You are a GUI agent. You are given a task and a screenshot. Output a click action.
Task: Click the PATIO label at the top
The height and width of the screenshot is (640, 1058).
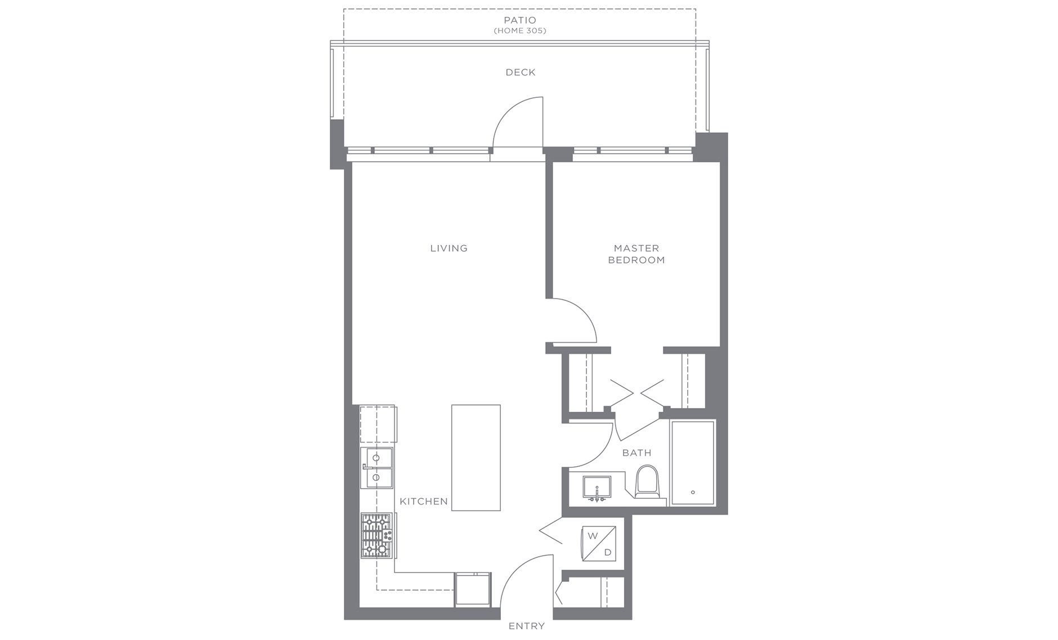(520, 20)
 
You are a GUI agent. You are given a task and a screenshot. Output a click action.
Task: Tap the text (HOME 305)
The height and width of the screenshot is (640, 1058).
(520, 31)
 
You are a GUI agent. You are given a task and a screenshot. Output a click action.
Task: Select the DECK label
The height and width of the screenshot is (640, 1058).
(521, 72)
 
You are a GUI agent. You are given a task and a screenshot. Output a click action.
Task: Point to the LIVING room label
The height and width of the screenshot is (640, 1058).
(449, 248)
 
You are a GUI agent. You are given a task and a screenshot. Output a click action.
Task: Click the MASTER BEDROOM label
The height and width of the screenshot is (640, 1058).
(636, 254)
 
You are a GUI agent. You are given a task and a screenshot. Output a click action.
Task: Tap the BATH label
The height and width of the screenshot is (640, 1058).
(636, 453)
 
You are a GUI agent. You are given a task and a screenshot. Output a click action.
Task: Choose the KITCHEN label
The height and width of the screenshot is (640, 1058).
(424, 501)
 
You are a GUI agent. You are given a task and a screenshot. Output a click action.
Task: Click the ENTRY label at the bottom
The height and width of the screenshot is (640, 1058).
(527, 626)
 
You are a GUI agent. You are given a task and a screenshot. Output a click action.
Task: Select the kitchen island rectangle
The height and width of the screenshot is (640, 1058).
(476, 458)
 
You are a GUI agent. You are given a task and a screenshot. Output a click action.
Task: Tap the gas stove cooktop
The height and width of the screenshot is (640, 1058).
(376, 535)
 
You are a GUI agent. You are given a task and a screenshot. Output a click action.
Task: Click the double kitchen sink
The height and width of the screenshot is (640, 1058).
(376, 468)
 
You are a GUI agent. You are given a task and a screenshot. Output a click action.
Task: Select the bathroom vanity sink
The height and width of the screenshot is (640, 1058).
(597, 488)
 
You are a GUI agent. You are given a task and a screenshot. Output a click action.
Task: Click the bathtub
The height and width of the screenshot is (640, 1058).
(693, 463)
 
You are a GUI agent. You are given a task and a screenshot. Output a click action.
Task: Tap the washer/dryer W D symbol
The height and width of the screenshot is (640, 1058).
(599, 544)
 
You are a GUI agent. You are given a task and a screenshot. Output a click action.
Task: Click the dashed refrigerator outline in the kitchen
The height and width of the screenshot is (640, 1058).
(378, 424)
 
